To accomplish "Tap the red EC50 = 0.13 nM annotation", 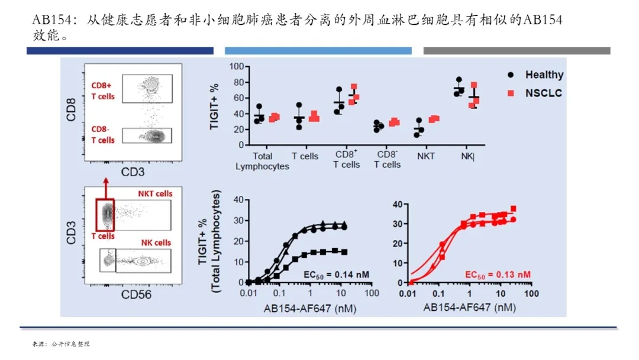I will click(x=498, y=275).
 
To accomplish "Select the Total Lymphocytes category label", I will click(x=262, y=161).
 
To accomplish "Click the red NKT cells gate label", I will click(x=155, y=194).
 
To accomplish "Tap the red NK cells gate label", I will click(x=156, y=242).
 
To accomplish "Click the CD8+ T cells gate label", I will click(x=103, y=90).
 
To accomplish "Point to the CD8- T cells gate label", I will click(x=103, y=134).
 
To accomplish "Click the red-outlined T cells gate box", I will click(x=106, y=214).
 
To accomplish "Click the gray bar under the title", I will click(x=517, y=51).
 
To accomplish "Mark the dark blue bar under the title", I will click(x=120, y=51).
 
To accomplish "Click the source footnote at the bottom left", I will click(x=61, y=344).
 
